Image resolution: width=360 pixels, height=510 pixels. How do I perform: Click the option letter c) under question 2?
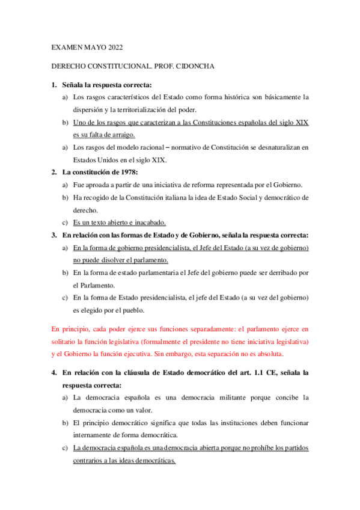[65, 223]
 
